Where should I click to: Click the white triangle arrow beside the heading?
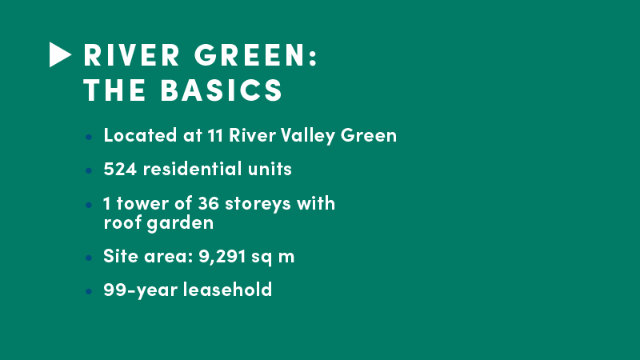coord(59,54)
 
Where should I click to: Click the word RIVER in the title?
coord(131,54)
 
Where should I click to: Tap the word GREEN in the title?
coord(250,54)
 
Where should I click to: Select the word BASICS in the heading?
coord(222,90)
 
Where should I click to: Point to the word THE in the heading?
coord(114,90)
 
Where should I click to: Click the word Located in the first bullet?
coord(140,135)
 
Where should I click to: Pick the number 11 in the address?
coord(215,135)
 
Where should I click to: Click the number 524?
coord(120,169)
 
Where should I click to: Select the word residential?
coord(192,169)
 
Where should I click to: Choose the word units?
coord(270,169)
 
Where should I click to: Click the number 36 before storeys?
coord(208,203)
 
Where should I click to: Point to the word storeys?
coord(258,204)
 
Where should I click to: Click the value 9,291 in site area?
coord(222,257)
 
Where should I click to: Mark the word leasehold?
coord(227,290)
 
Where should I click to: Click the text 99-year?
coord(141,290)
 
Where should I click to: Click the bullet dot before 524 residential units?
coord(89,170)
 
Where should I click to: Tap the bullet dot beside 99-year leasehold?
coord(89,291)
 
